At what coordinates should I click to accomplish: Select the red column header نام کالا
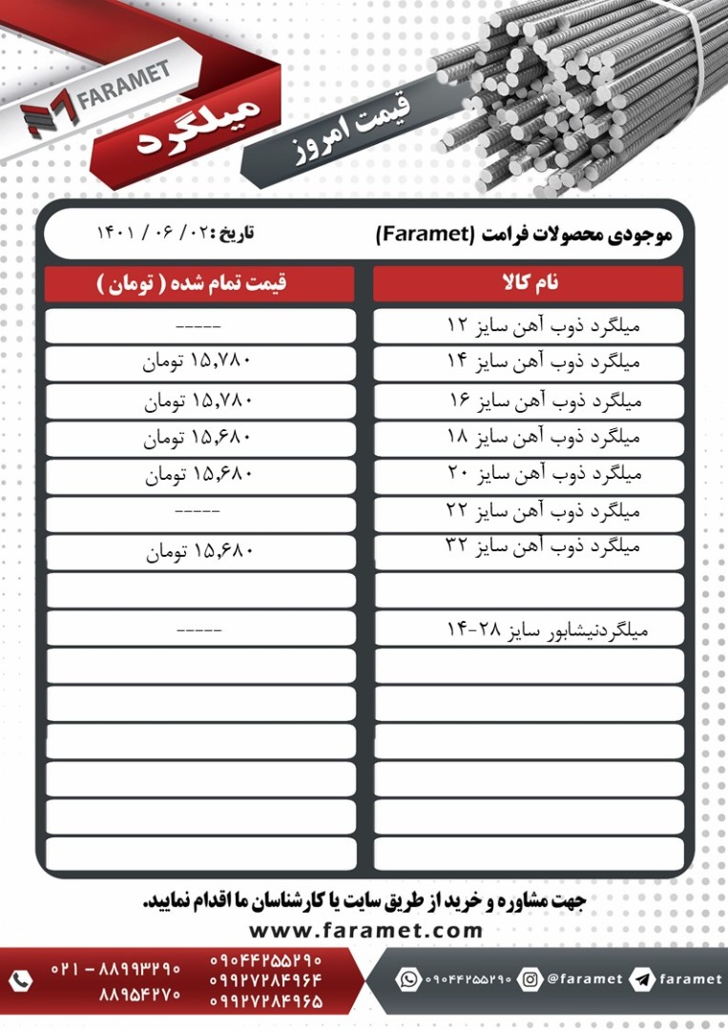pyautogui.click(x=528, y=283)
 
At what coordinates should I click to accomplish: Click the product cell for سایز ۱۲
pyautogui.click(x=528, y=325)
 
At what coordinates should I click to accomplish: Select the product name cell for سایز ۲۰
pyautogui.click(x=528, y=475)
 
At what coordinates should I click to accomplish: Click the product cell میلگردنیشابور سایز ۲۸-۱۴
pyautogui.click(x=528, y=628)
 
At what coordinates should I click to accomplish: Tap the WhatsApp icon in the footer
pyautogui.click(x=409, y=979)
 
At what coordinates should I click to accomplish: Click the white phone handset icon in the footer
pyautogui.click(x=20, y=979)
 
